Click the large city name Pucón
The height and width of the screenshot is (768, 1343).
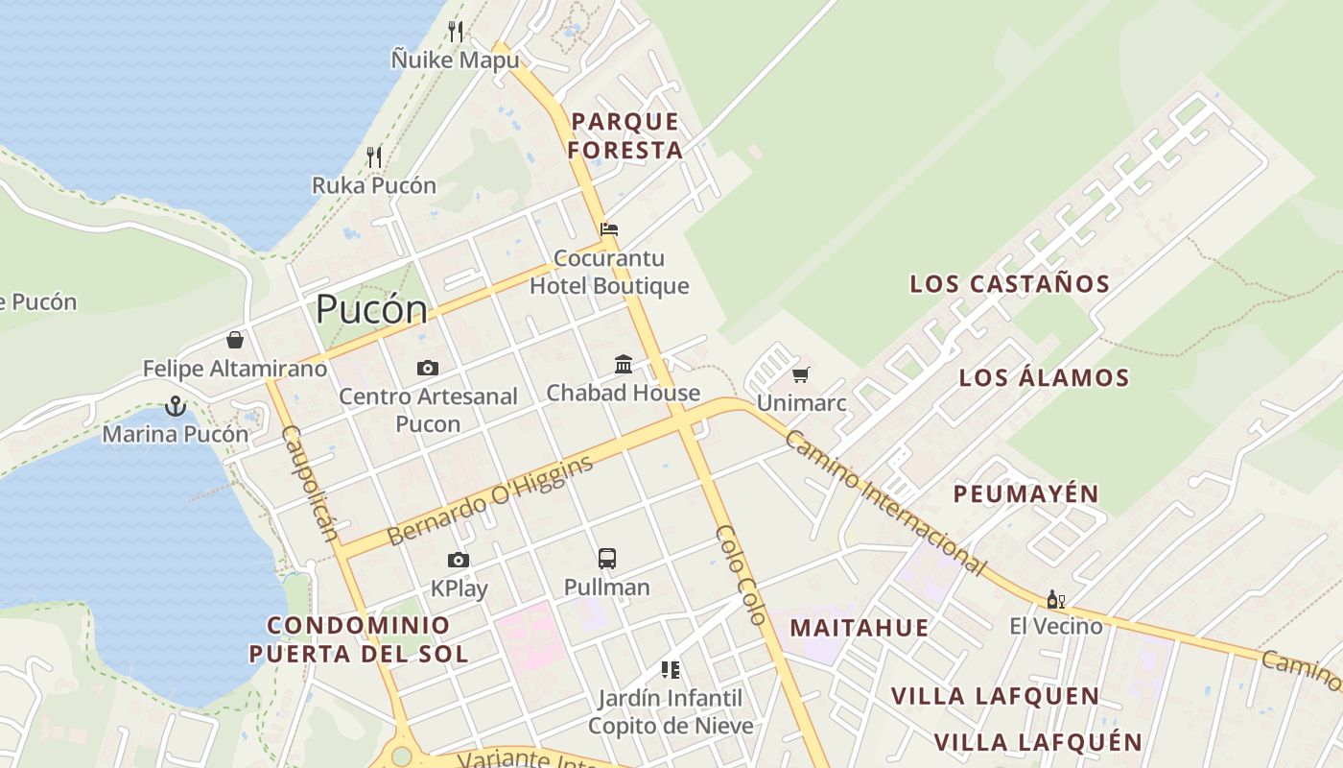point(371,309)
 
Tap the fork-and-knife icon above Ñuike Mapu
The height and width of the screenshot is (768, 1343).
point(456,32)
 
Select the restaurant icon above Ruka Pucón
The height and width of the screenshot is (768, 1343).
point(374,156)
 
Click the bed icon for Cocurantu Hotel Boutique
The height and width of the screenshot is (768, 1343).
point(609,229)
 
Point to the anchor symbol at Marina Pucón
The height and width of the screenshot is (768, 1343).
point(175,406)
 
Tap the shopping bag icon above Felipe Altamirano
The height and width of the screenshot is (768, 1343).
point(235,340)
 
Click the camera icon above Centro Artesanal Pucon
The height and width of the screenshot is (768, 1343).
point(428,368)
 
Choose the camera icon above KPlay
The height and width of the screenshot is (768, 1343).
point(459,560)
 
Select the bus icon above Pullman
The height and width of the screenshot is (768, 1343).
point(606,559)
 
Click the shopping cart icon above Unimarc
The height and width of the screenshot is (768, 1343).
point(801,374)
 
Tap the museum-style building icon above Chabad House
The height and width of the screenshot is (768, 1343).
point(624,364)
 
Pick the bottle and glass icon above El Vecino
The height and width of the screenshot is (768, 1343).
point(1055,600)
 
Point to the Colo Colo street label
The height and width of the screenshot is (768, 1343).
point(742,575)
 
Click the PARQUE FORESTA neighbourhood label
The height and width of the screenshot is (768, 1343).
point(625,135)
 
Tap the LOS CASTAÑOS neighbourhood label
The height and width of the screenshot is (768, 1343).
point(1009,284)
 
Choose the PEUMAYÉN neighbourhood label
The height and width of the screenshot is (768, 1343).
point(1025,494)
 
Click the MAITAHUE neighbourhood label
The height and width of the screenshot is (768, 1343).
point(859,628)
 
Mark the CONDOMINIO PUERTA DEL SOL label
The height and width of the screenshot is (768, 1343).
point(359,639)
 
